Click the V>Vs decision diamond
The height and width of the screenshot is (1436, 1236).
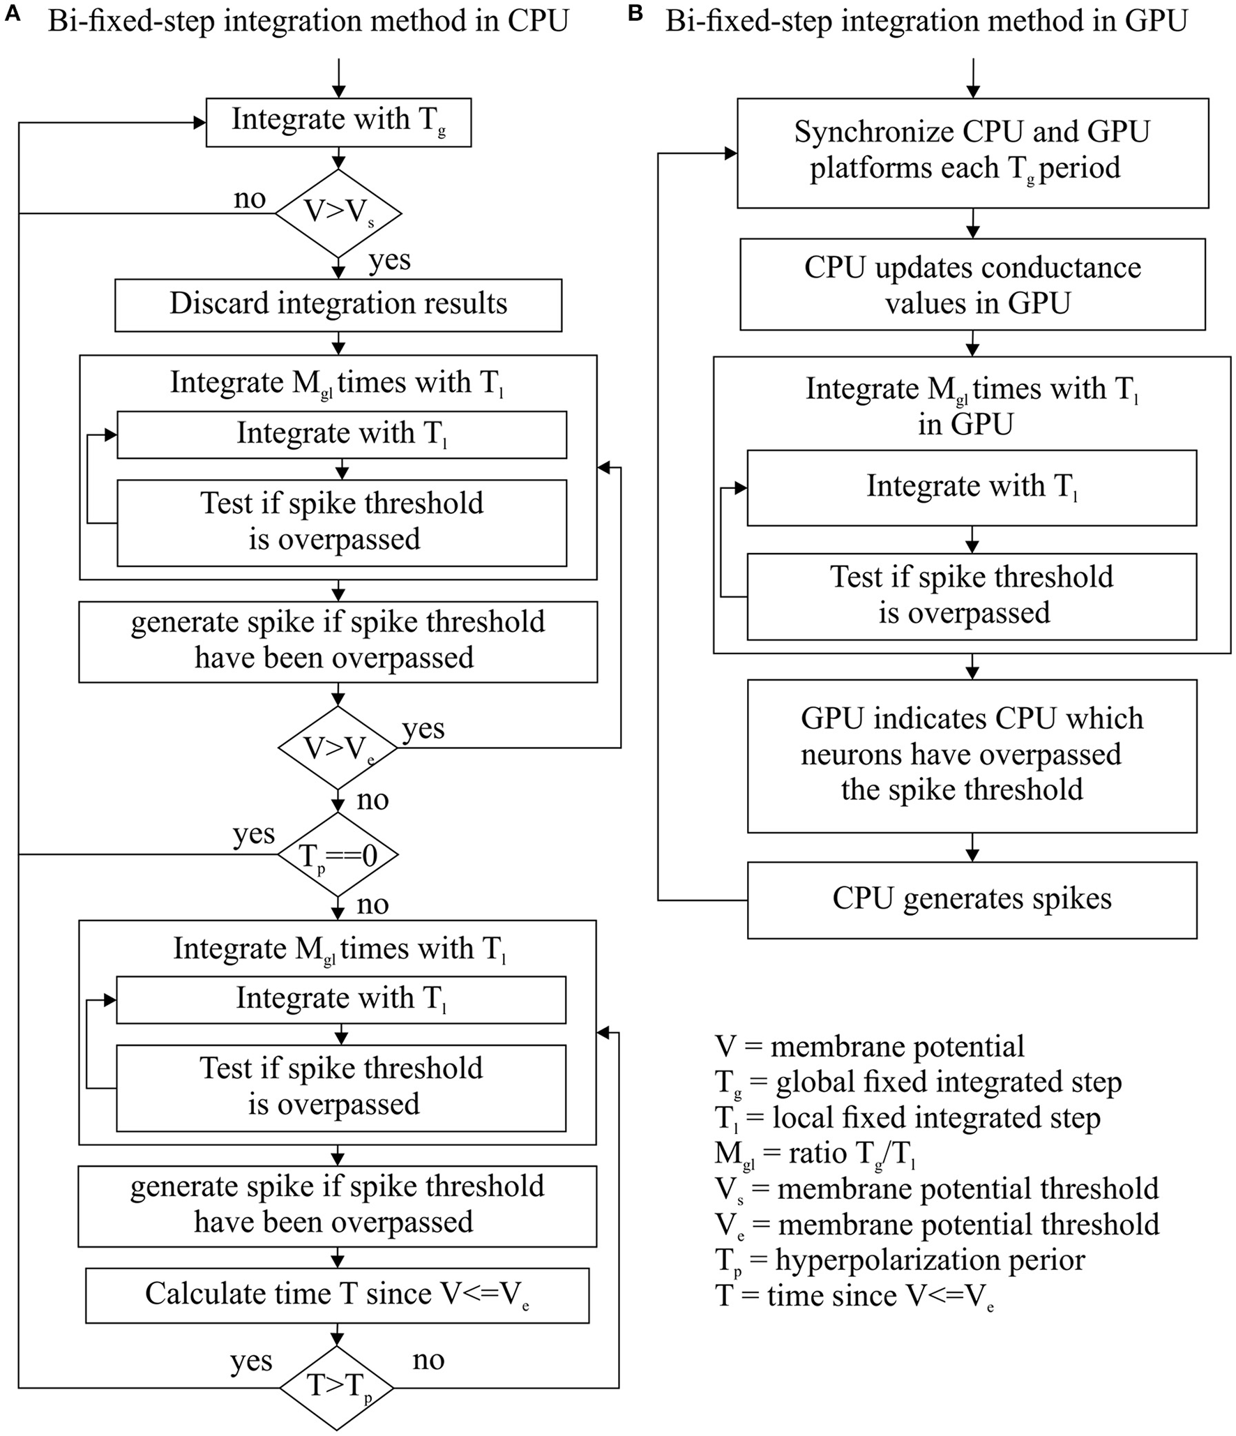[338, 213]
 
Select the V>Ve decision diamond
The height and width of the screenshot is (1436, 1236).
[338, 748]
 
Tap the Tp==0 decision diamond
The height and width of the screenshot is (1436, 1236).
[338, 854]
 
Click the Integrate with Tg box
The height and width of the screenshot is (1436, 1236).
[338, 122]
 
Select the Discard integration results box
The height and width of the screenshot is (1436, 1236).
[338, 305]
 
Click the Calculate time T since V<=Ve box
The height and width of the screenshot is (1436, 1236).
[337, 1295]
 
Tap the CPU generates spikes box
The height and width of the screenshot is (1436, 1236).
[972, 900]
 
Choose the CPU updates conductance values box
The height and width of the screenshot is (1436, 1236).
[972, 285]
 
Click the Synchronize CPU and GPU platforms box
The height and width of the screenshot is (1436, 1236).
[972, 152]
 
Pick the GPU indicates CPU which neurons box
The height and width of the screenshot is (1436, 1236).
[972, 755]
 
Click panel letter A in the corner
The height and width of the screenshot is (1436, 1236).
[12, 14]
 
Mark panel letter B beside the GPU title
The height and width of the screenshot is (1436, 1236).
[635, 14]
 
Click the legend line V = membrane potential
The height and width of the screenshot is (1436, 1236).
[869, 1047]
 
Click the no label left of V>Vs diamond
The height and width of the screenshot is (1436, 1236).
[249, 199]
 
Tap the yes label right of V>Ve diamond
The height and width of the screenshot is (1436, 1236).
[423, 729]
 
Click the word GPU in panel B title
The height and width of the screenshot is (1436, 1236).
[1156, 21]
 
